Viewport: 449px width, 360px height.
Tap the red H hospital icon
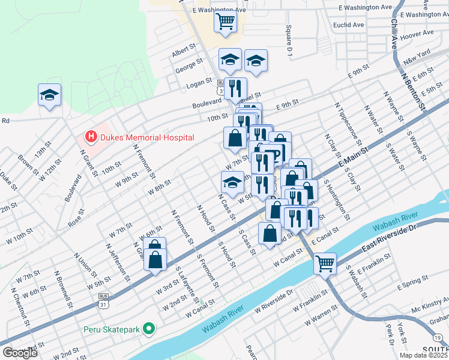91,137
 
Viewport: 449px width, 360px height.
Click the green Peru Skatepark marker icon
149,329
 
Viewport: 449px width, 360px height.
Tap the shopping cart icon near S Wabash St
325,262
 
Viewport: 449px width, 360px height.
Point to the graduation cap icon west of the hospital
49,95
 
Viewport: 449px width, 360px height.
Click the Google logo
20,352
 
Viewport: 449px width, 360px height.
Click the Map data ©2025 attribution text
423,355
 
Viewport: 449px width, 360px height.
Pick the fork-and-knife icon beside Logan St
235,88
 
